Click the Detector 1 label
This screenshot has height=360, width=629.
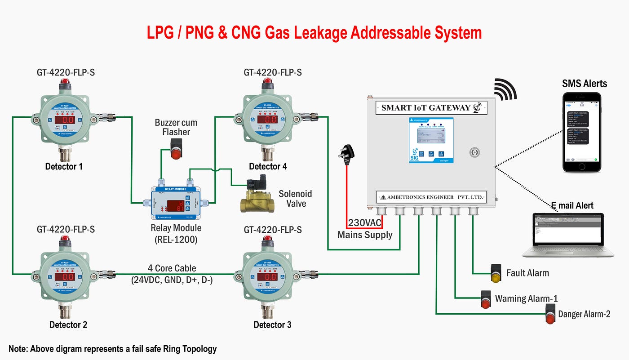click(64, 167)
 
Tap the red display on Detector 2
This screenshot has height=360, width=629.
click(65, 277)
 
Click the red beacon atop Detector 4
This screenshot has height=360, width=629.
click(268, 83)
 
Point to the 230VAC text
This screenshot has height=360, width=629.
click(365, 223)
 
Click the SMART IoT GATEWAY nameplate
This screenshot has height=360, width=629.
click(431, 108)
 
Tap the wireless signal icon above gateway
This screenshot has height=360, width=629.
click(506, 89)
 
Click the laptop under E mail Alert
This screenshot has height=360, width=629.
click(568, 235)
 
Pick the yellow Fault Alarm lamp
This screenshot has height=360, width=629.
click(496, 273)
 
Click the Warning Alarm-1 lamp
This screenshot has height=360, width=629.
click(486, 299)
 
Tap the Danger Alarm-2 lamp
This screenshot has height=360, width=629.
click(550, 314)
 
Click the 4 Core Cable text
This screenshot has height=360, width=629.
click(172, 268)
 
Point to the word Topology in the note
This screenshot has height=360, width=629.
click(196, 349)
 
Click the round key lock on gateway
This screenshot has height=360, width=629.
click(474, 152)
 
